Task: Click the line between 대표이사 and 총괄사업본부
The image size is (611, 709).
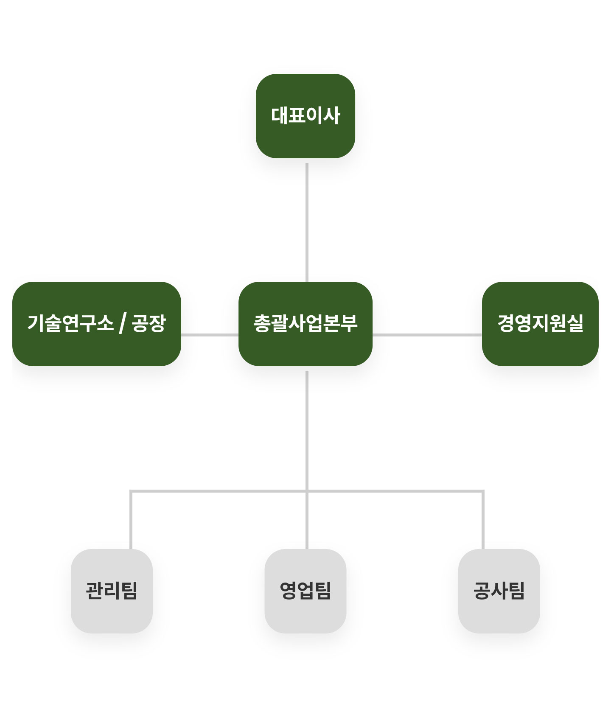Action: (x=307, y=221)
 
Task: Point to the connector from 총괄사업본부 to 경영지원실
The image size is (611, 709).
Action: (x=427, y=335)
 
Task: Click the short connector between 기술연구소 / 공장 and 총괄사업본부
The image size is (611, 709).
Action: (x=210, y=335)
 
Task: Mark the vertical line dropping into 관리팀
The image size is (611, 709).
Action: (x=131, y=520)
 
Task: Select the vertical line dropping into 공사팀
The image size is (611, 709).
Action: (x=483, y=520)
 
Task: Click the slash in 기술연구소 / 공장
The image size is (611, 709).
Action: (x=123, y=324)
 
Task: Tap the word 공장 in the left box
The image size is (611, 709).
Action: (x=148, y=323)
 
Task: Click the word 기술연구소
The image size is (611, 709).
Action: (x=70, y=323)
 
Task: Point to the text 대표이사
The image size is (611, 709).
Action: (x=305, y=115)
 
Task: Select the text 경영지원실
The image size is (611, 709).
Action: (x=540, y=323)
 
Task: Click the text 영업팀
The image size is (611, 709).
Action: (x=305, y=590)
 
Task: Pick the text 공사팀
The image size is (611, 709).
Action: (x=499, y=590)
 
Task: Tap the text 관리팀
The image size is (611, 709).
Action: (x=112, y=590)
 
